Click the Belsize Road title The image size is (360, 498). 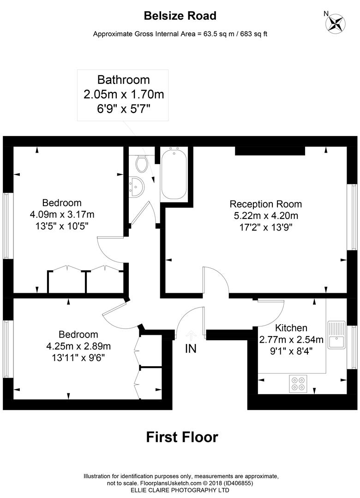(180, 16)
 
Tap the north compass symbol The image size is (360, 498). (336, 23)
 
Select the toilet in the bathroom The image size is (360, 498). (141, 162)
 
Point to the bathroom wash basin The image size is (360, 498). (138, 187)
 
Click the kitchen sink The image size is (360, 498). (336, 337)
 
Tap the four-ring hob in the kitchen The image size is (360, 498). (298, 383)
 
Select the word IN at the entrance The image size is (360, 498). (191, 349)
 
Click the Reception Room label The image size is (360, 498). (266, 204)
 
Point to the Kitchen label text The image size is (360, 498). (291, 328)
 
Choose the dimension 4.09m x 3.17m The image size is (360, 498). (62, 214)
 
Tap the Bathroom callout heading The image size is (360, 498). (123, 80)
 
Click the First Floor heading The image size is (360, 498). (182, 437)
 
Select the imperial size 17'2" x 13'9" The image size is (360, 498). (266, 227)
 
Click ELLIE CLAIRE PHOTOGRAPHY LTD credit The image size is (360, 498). (180, 490)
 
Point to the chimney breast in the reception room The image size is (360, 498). (270, 151)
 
